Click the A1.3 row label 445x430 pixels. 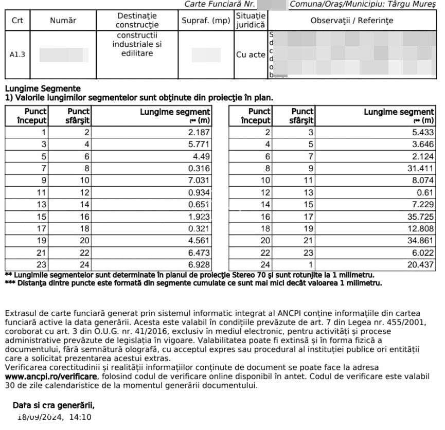pyautogui.click(x=17, y=55)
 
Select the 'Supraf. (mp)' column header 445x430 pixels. pyautogui.click(x=206, y=21)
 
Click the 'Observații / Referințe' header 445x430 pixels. pyautogui.click(x=351, y=21)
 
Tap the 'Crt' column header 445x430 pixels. pyautogui.click(x=17, y=21)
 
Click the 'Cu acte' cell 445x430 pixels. pyautogui.click(x=251, y=55)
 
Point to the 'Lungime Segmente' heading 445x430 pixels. pyautogui.click(x=43, y=89)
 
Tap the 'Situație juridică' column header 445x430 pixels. pyautogui.click(x=251, y=21)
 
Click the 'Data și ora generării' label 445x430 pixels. pyautogui.click(x=54, y=405)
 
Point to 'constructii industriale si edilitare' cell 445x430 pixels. pyautogui.click(x=137, y=45)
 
